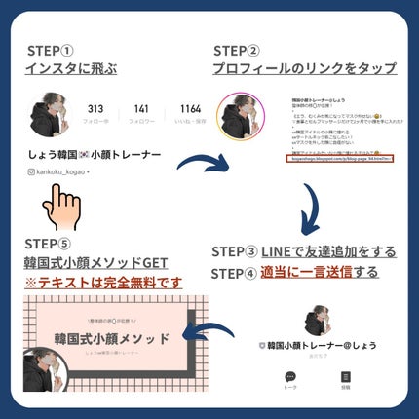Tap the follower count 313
click(x=95, y=108)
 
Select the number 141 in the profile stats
click(x=141, y=108)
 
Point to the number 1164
click(x=190, y=108)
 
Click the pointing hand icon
click(x=65, y=205)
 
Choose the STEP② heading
click(x=238, y=51)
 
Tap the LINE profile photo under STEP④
click(x=317, y=323)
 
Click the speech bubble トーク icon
click(x=289, y=378)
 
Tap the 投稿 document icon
click(x=344, y=378)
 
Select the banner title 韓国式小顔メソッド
click(x=111, y=338)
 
